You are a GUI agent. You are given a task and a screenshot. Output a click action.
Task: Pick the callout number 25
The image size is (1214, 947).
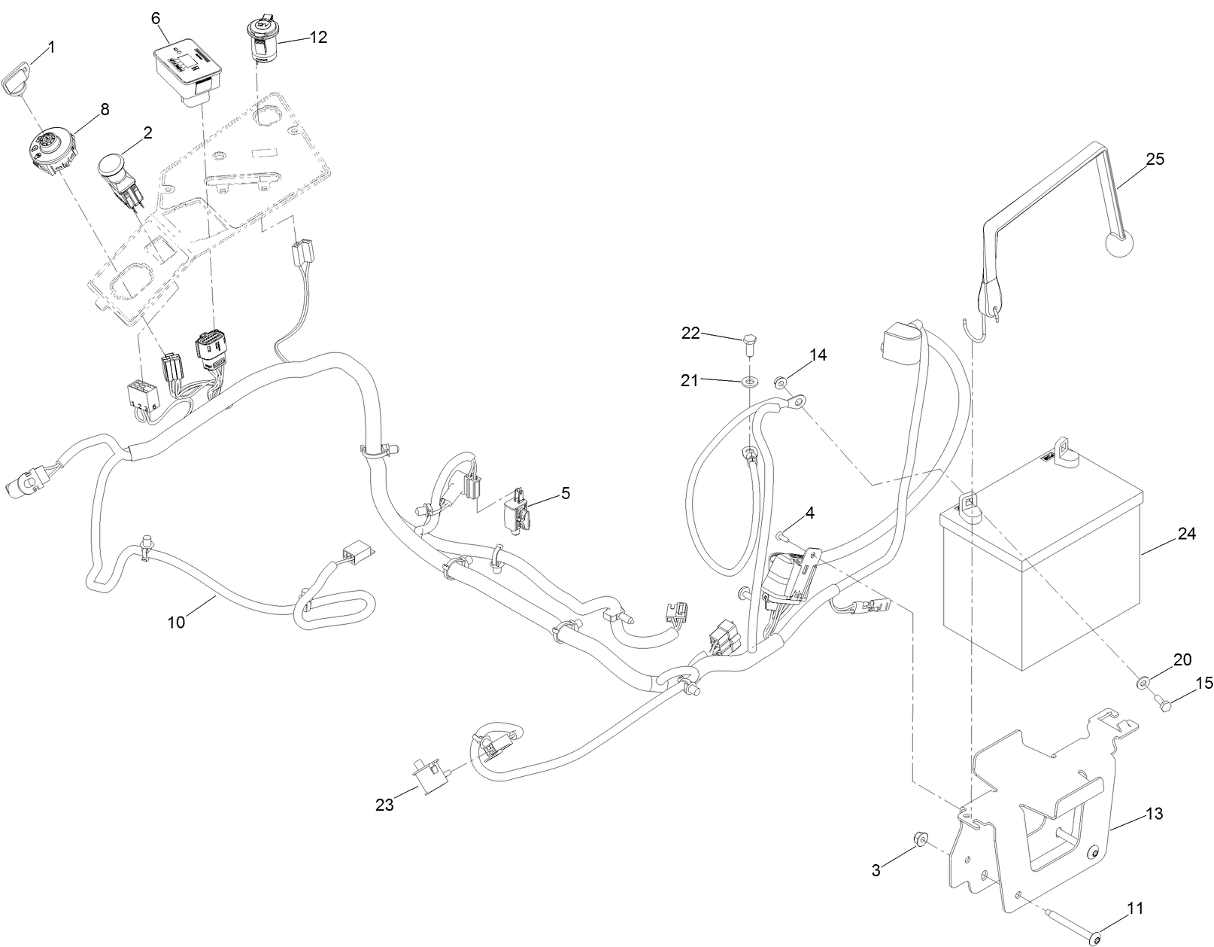[x=1155, y=160]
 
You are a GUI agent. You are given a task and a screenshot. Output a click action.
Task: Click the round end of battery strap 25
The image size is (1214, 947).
[x=1119, y=245]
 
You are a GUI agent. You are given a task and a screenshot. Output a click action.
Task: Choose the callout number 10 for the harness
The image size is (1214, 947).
[x=175, y=622]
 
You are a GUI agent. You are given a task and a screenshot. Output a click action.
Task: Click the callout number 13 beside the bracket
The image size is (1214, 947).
[x=1154, y=814]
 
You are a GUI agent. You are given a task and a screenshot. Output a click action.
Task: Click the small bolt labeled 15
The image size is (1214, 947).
[x=1162, y=702]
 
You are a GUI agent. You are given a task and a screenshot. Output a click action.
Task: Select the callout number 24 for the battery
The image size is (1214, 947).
[x=1186, y=534]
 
